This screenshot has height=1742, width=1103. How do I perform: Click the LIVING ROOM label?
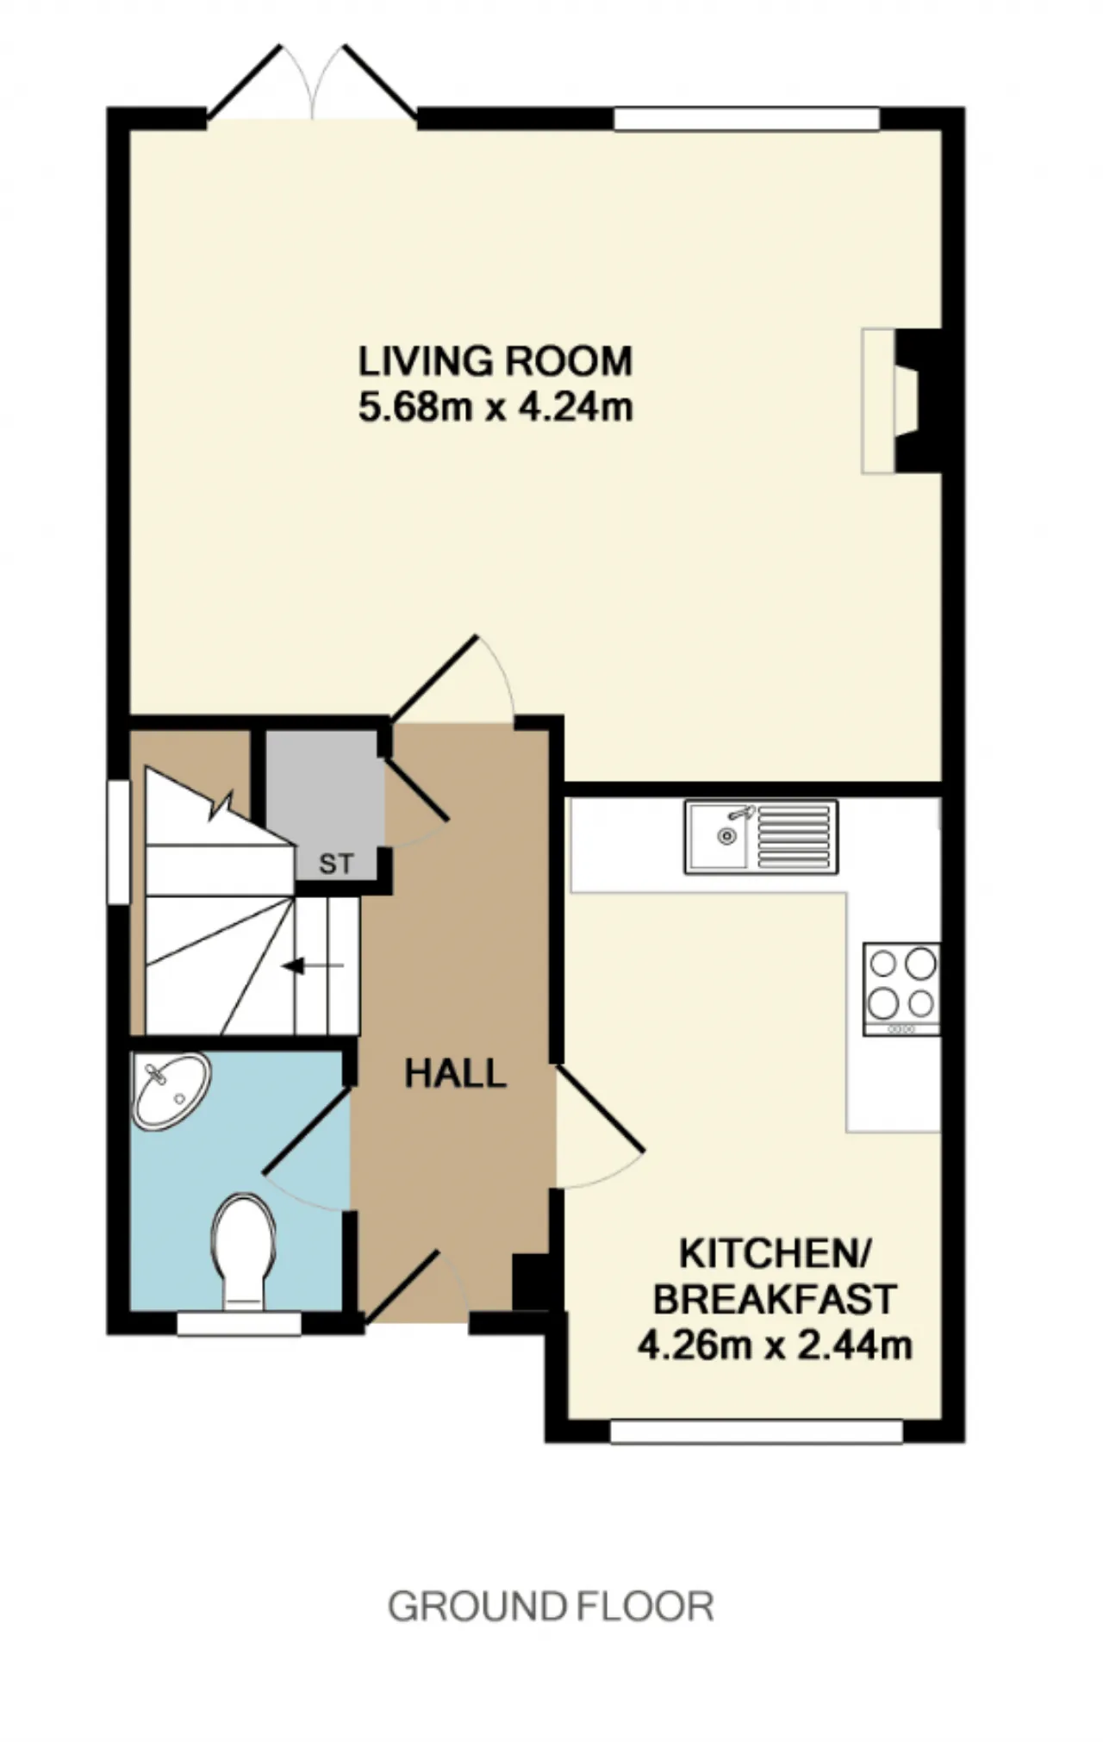495,361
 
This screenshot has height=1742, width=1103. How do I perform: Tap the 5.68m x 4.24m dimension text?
495,407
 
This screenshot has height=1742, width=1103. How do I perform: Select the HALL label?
455,1074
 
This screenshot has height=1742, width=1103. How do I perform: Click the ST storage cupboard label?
336,864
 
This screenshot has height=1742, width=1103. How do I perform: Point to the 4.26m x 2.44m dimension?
775,1345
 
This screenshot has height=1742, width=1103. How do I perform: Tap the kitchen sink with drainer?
762,836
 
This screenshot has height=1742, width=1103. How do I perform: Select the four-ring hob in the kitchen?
901,989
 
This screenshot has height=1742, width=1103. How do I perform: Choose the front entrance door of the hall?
415,1286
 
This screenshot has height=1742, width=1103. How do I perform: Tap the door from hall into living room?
452,677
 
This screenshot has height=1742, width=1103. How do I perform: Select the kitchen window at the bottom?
756,1432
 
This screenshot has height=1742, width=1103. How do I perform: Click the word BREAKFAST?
775,1299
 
